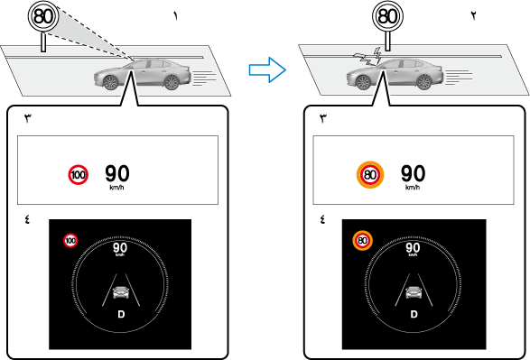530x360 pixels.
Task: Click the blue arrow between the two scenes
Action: click(267, 69)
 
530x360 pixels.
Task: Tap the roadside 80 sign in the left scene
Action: click(43, 16)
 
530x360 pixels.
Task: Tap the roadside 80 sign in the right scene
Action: click(387, 16)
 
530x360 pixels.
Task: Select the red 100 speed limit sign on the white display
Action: click(78, 175)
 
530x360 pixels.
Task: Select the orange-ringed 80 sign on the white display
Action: click(370, 175)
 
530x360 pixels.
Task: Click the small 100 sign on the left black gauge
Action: click(70, 240)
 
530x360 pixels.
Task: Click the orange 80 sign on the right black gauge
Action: click(362, 240)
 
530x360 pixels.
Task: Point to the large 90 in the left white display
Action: click(117, 173)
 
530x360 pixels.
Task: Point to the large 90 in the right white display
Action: click(413, 173)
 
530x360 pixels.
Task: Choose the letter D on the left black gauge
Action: click(121, 314)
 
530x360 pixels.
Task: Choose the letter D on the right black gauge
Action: click(414, 314)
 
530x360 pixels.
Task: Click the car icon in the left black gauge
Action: click(121, 292)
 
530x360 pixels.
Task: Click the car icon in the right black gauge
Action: click(414, 292)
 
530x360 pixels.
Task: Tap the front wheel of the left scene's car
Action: click(110, 82)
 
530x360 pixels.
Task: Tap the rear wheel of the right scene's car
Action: click(423, 82)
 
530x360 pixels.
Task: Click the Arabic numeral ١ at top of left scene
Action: click(175, 16)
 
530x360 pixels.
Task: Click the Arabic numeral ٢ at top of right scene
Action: click(473, 16)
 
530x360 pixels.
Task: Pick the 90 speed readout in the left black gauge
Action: click(120, 248)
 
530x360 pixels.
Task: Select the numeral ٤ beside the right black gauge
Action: click(322, 219)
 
